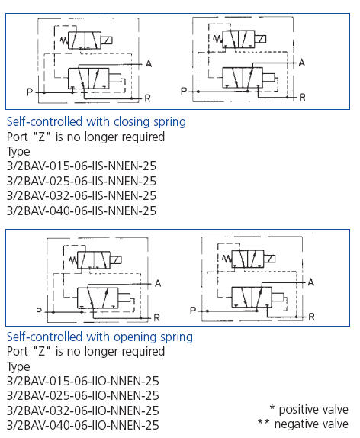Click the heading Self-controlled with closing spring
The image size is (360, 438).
(x=96, y=122)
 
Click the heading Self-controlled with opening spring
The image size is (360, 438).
(x=100, y=337)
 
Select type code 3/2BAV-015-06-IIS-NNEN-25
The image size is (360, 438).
(x=82, y=166)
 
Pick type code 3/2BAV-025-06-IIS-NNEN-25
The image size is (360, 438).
(x=82, y=181)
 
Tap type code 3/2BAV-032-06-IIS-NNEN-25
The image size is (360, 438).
(x=82, y=195)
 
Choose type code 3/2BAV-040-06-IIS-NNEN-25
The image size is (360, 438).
(x=82, y=211)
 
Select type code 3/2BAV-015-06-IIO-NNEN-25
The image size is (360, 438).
(x=82, y=381)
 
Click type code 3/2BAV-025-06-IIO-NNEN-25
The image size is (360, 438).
(x=82, y=395)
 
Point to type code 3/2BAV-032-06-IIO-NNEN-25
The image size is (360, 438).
(x=82, y=411)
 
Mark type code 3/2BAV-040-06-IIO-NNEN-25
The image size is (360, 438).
(x=82, y=425)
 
